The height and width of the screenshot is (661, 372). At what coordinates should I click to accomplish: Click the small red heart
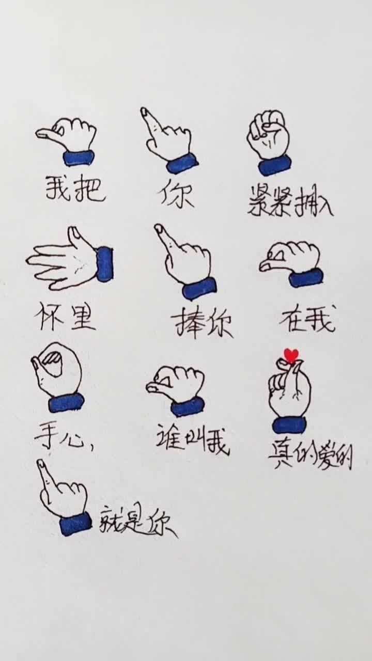pyautogui.click(x=291, y=355)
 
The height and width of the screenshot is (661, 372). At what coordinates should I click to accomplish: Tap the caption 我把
pyautogui.click(x=75, y=189)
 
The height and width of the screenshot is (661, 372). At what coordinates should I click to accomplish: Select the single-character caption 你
pyautogui.click(x=176, y=195)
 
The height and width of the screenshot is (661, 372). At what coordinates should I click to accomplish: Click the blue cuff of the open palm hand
pyautogui.click(x=104, y=264)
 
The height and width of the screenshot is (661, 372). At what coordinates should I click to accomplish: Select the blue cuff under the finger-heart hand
pyautogui.click(x=289, y=424)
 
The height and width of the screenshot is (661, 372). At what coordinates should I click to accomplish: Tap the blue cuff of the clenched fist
pyautogui.click(x=275, y=166)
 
